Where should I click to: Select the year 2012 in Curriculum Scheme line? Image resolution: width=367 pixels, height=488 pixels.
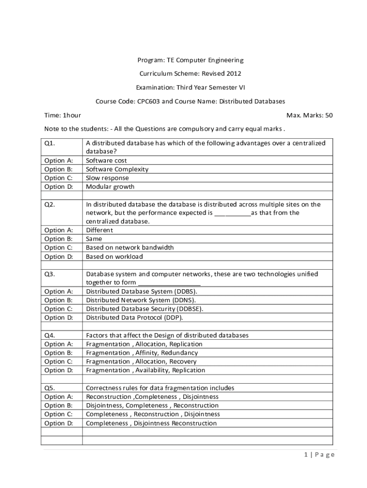point(233,74)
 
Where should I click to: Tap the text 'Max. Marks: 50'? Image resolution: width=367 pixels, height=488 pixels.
point(309,115)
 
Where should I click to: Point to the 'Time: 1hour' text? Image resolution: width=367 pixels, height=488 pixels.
point(62,115)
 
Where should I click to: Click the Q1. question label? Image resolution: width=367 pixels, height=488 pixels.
point(50,143)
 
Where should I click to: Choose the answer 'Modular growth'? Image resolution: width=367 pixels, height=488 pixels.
point(110,187)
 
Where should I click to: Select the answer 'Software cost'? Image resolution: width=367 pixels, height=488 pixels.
point(106,161)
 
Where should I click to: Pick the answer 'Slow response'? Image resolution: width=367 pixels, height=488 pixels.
point(107,178)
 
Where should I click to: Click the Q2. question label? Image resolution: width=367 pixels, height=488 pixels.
point(50,204)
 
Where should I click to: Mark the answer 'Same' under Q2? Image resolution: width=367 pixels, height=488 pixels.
point(94,239)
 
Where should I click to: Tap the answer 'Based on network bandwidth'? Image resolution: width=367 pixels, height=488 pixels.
point(130,247)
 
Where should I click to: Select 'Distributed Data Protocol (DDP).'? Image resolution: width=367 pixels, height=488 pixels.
point(134,317)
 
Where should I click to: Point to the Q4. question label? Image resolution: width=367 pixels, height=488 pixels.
point(50,335)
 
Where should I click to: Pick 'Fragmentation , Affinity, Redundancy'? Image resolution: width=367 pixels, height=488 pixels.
point(142,353)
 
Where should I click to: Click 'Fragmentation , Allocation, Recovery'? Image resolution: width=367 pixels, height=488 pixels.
point(142,362)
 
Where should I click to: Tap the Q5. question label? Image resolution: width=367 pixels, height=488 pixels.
point(50,388)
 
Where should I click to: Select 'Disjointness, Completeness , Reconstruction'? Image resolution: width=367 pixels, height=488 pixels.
point(152,406)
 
